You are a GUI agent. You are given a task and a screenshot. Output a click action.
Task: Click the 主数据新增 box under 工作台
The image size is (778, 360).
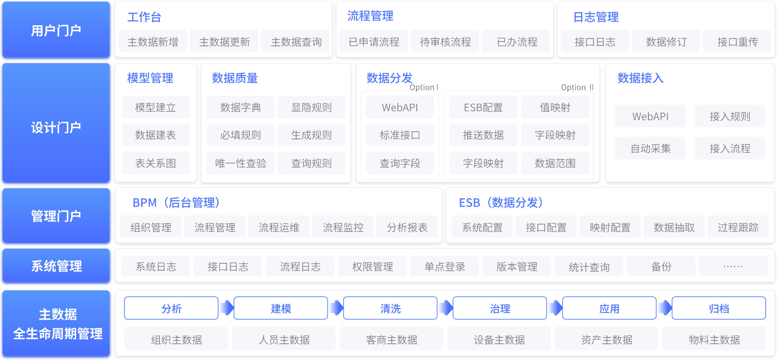pyautogui.click(x=153, y=42)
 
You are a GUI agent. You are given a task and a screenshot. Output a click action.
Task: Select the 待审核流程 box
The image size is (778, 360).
pyautogui.click(x=445, y=42)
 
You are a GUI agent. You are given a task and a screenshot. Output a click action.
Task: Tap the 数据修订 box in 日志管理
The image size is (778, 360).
pyautogui.click(x=666, y=42)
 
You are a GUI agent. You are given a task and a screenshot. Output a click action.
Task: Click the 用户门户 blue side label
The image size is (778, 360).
pyautogui.click(x=56, y=30)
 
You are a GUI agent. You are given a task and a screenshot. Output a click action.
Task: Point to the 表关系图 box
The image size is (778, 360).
pyautogui.click(x=155, y=163)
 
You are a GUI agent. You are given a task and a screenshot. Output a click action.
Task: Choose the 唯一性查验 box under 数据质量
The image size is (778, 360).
pyautogui.click(x=241, y=163)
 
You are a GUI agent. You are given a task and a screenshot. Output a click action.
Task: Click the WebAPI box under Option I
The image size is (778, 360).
pyautogui.click(x=400, y=107)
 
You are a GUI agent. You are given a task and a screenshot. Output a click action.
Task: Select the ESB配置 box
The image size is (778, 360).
pyautogui.click(x=483, y=107)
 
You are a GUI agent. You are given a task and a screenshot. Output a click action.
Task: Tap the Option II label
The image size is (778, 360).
pyautogui.click(x=577, y=87)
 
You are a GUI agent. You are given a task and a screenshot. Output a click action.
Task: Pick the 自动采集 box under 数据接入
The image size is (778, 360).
pyautogui.click(x=650, y=149)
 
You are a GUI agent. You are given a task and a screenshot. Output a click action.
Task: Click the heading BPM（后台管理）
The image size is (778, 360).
pyautogui.click(x=176, y=202)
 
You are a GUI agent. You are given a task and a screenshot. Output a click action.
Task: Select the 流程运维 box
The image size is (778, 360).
pyautogui.click(x=279, y=227)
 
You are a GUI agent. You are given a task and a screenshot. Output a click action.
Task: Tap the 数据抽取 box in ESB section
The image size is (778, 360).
pyautogui.click(x=674, y=227)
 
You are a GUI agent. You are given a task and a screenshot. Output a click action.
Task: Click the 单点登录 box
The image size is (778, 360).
pyautogui.click(x=445, y=267)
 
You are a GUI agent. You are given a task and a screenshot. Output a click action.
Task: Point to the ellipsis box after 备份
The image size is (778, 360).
pyautogui.click(x=733, y=267)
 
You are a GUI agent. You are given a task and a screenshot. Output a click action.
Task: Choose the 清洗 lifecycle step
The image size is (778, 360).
pyautogui.click(x=390, y=309)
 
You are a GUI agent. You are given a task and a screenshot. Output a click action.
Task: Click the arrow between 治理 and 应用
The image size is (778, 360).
pyautogui.click(x=555, y=308)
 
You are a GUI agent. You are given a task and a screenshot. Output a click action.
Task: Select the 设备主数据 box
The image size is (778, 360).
pyautogui.click(x=499, y=339)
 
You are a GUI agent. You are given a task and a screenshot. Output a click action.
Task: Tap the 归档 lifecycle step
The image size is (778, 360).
pyautogui.click(x=719, y=309)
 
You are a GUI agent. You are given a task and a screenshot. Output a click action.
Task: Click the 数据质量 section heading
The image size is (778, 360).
pyautogui.click(x=235, y=78)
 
